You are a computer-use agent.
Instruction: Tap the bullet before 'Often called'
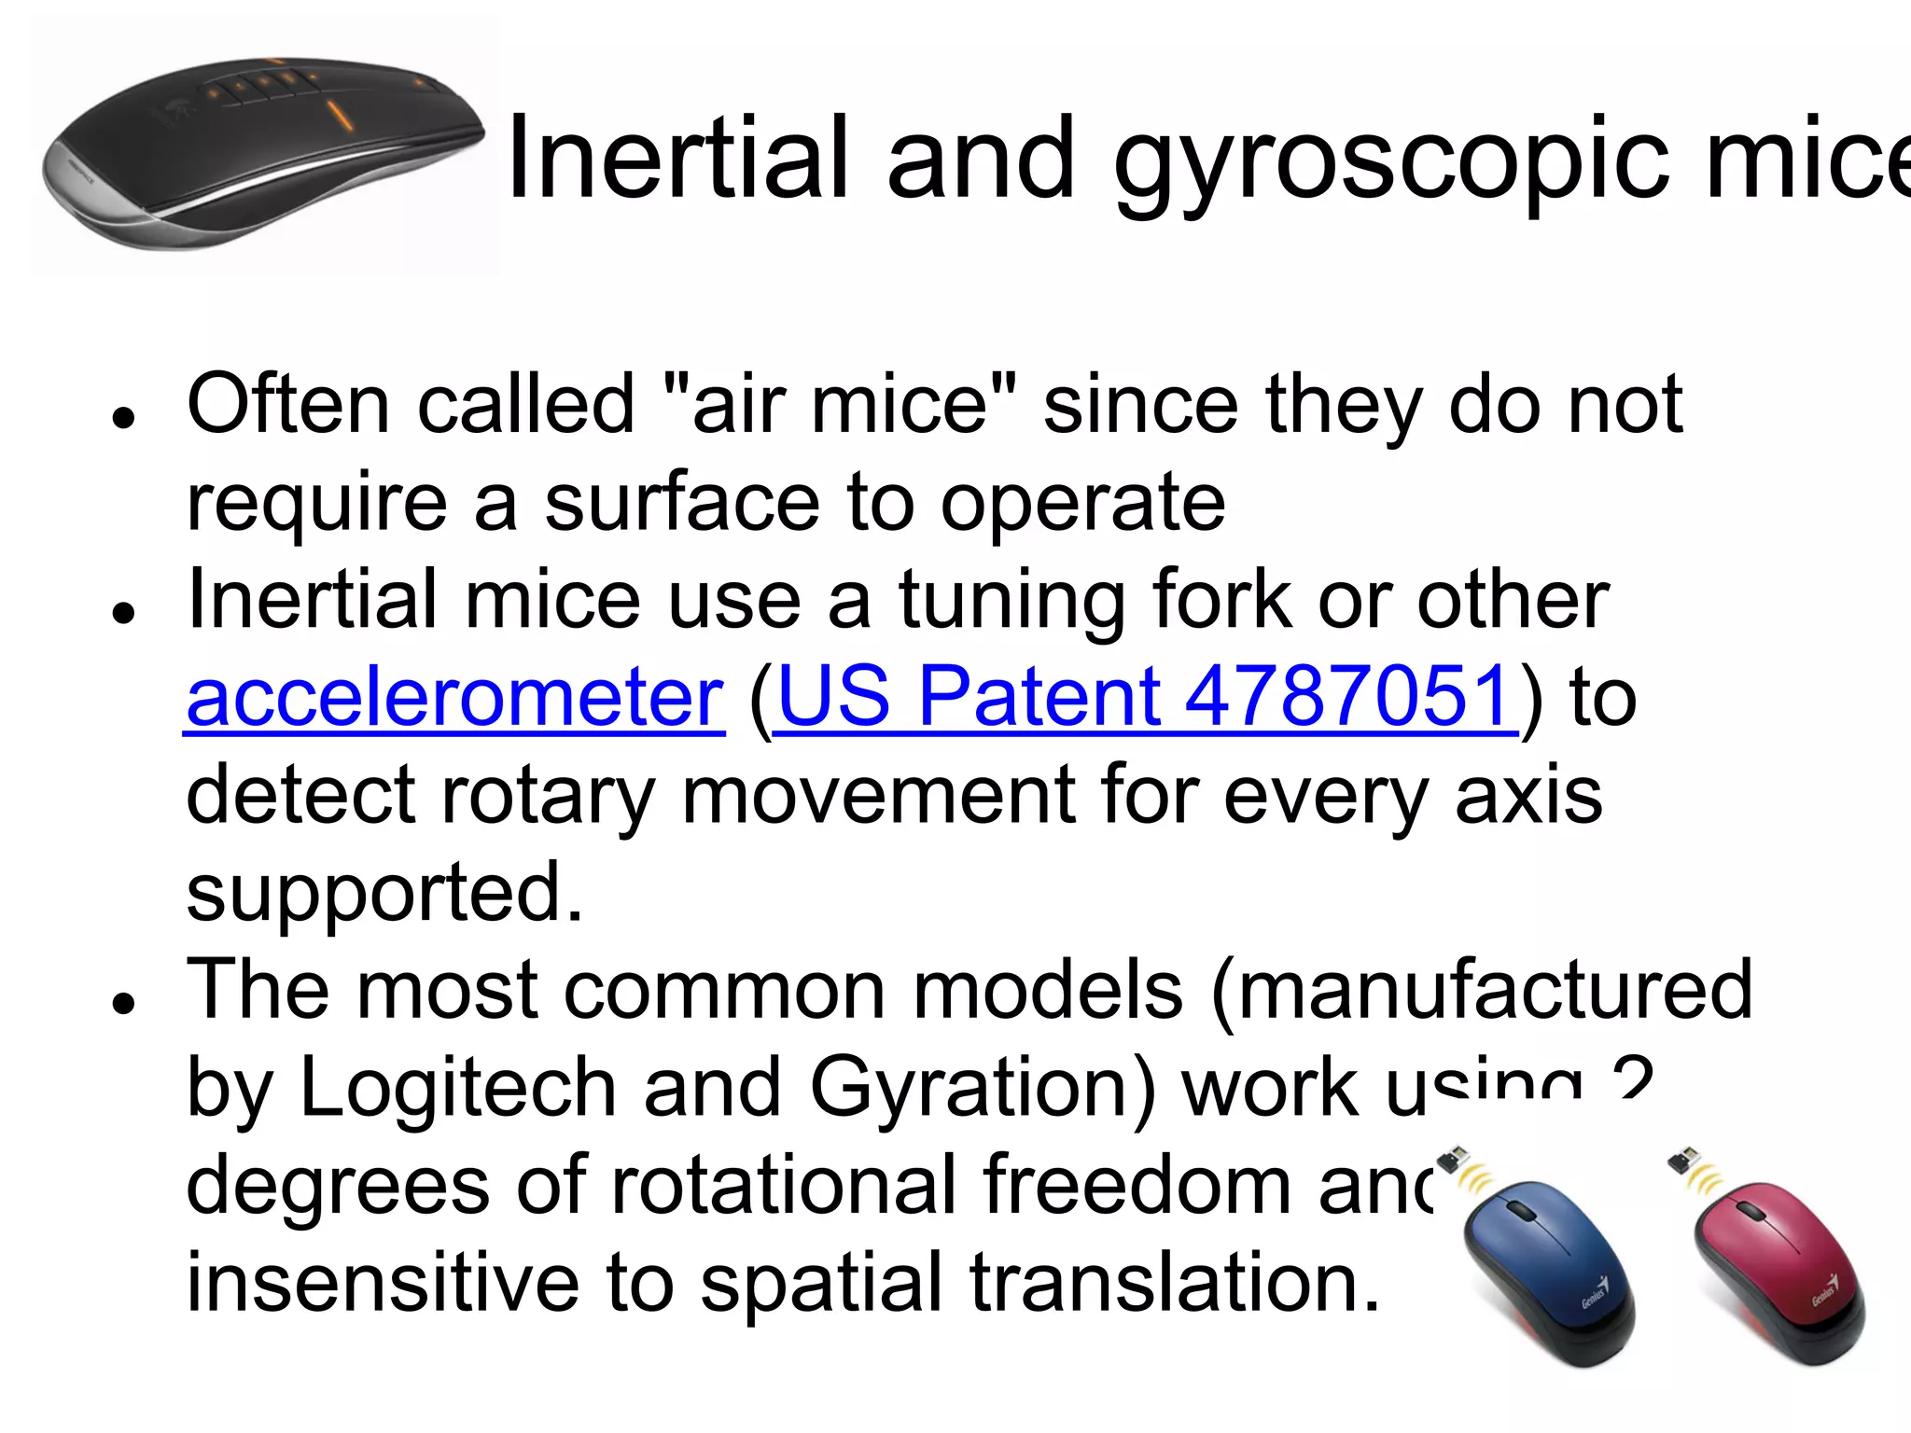tap(123, 416)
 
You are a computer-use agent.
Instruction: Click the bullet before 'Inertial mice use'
tap(123, 612)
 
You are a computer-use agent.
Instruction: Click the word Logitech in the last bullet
tap(457, 1088)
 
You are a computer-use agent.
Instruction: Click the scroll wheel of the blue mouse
tap(1521, 1211)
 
